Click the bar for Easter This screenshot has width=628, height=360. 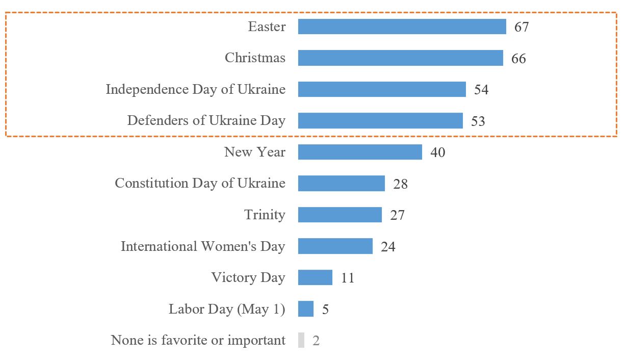pyautogui.click(x=402, y=27)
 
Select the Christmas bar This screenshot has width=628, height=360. pyautogui.click(x=400, y=58)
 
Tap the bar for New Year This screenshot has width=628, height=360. pyautogui.click(x=360, y=152)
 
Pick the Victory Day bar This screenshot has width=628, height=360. pyautogui.click(x=315, y=277)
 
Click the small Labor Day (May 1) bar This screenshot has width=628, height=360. pyautogui.click(x=306, y=309)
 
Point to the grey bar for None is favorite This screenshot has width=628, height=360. pyautogui.click(x=301, y=340)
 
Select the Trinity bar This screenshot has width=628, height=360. pyautogui.click(x=339, y=215)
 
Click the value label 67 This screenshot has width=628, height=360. pyautogui.click(x=521, y=27)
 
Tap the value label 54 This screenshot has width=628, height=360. pyautogui.click(x=481, y=90)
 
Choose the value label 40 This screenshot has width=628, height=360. pyautogui.click(x=437, y=152)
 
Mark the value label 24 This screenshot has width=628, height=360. pyautogui.click(x=388, y=247)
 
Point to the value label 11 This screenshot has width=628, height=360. pyautogui.click(x=347, y=278)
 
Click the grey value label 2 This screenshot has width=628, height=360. pyautogui.click(x=316, y=341)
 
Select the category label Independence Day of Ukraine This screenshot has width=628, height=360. pyautogui.click(x=195, y=89)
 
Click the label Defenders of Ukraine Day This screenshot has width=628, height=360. pyautogui.click(x=206, y=121)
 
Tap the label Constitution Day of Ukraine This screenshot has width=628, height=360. pyautogui.click(x=200, y=183)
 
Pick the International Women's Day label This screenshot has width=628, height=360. pyautogui.click(x=203, y=246)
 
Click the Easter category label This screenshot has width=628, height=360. pyautogui.click(x=267, y=27)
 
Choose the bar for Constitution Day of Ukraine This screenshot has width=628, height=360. pyautogui.click(x=341, y=184)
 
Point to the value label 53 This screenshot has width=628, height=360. pyautogui.click(x=478, y=121)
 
